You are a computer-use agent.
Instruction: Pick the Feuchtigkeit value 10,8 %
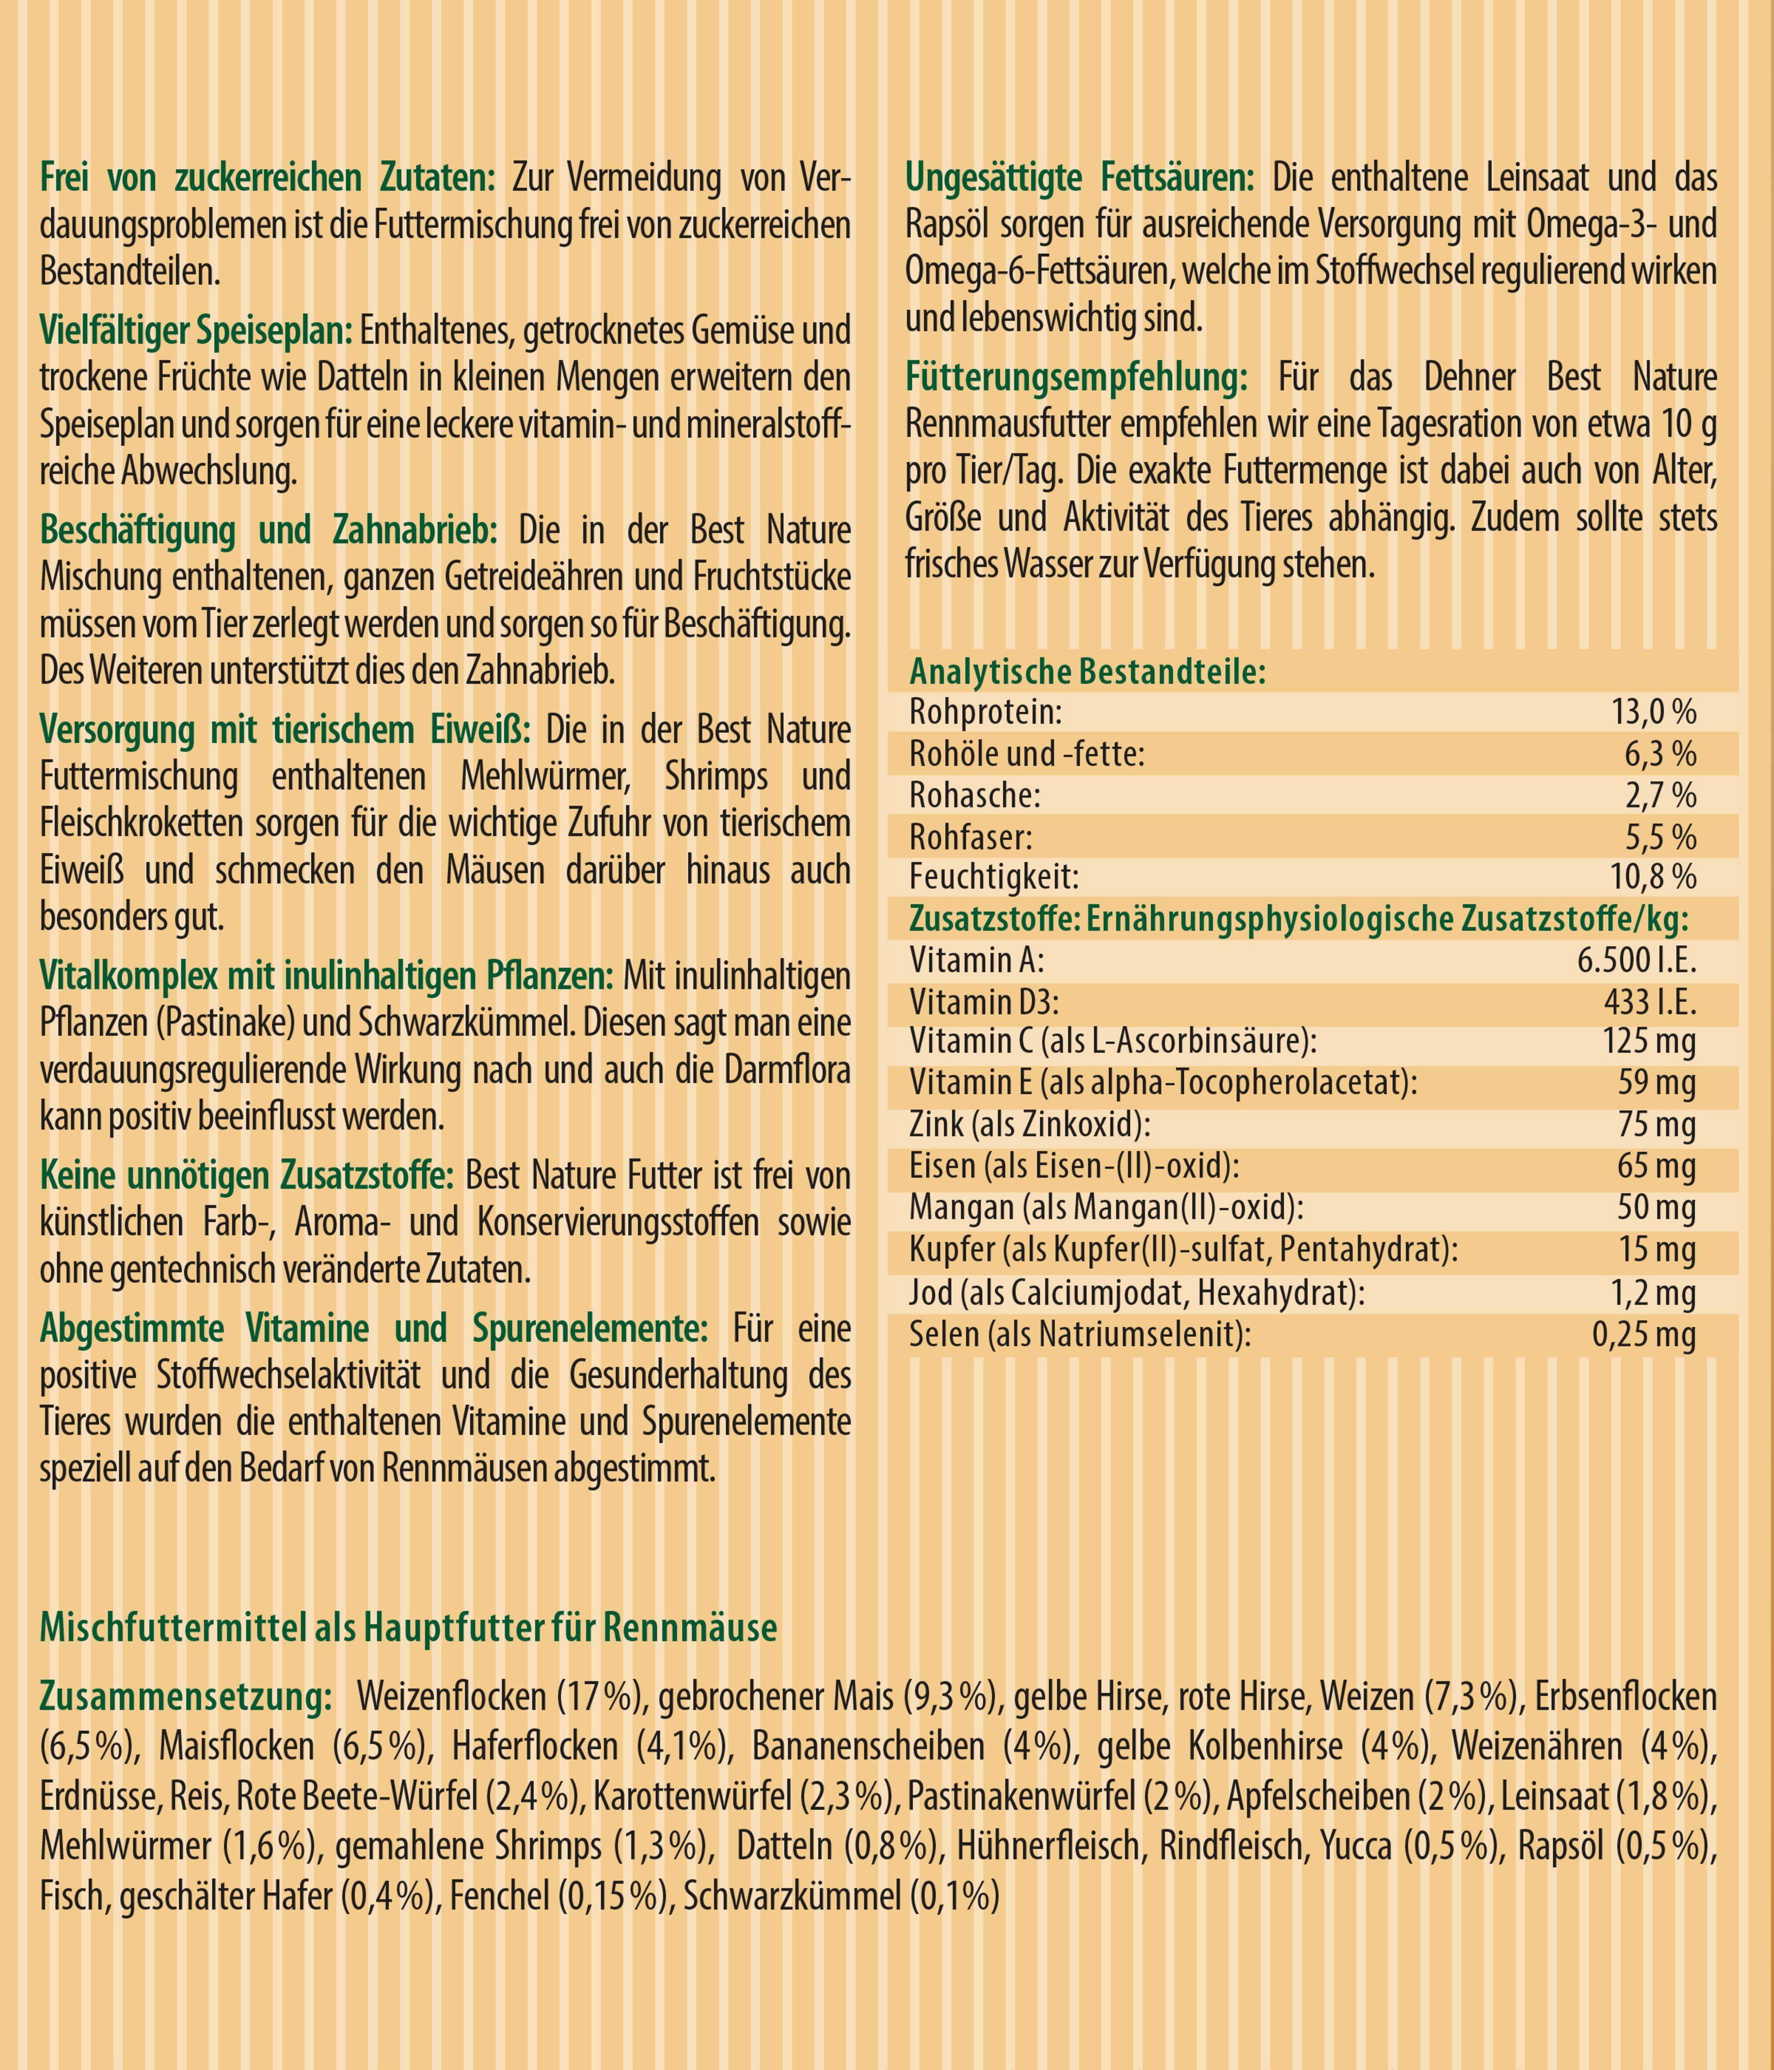pyautogui.click(x=1653, y=877)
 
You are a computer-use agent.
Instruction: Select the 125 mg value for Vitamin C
pyautogui.click(x=1649, y=1042)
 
